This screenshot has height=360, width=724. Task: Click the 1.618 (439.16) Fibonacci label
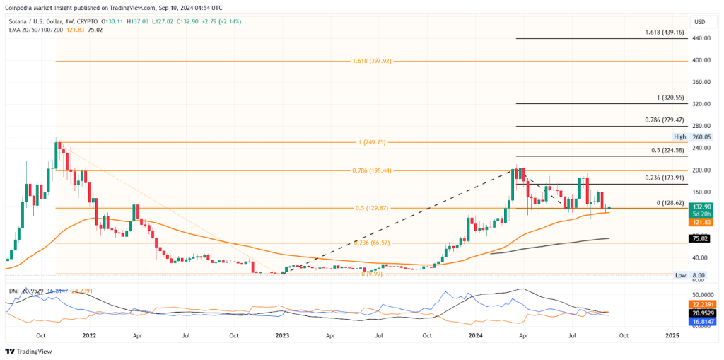664,33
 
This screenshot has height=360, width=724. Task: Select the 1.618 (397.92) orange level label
371,61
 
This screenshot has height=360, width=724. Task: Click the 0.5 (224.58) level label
664,150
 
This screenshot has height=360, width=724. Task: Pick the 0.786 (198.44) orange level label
371,170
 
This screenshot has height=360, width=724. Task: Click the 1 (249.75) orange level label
371,142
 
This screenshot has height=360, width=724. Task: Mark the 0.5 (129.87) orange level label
371,208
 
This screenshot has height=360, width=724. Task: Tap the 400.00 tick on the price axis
701,60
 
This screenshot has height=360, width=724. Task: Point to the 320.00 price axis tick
701,104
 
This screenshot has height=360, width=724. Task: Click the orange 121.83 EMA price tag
700,221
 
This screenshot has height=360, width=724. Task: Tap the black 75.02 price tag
700,239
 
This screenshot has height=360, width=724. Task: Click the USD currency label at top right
700,22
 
